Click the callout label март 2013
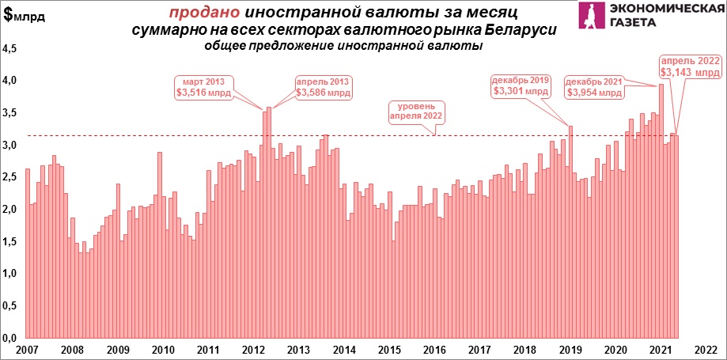tap(205, 86)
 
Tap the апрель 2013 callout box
tap(322, 86)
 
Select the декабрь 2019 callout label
tap(520, 86)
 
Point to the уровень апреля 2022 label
tap(416, 112)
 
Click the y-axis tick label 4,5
tap(10, 49)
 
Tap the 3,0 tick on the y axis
tap(10, 146)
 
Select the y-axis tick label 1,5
tap(10, 241)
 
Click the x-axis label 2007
tap(27, 349)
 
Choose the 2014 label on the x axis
tap(343, 349)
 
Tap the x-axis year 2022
tap(705, 349)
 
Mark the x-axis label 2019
tap(570, 349)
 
